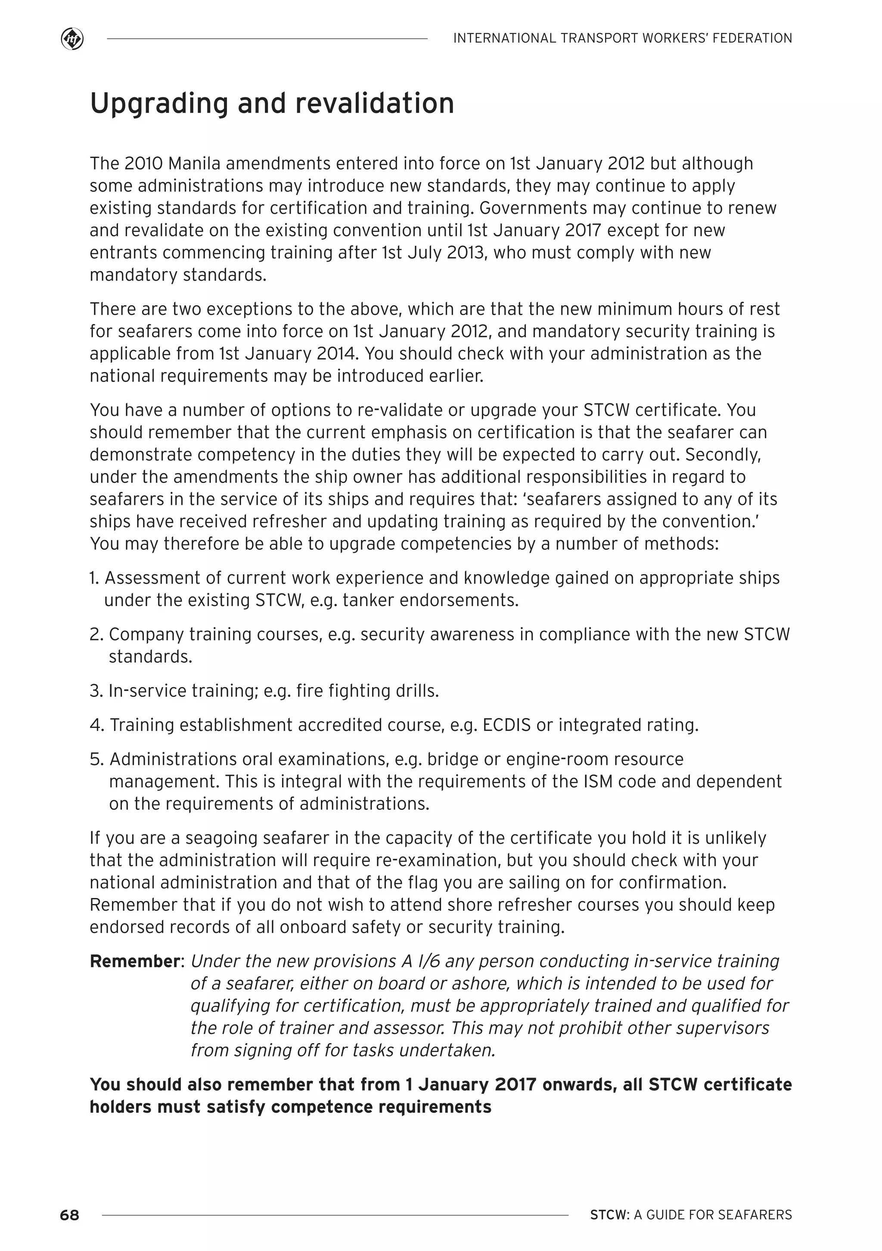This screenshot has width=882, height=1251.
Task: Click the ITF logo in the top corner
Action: click(x=72, y=39)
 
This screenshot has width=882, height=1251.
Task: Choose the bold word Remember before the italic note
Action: click(x=134, y=961)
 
